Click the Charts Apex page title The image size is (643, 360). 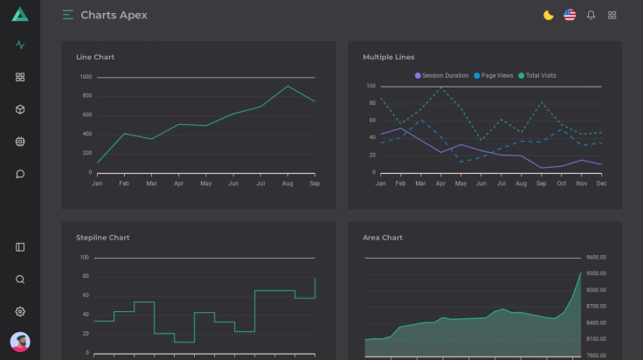tap(114, 15)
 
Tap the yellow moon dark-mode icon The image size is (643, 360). tap(549, 15)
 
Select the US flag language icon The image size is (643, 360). tap(570, 15)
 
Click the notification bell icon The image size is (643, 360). tap(591, 15)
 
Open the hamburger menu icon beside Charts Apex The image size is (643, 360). tap(68, 15)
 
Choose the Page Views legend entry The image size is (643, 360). tap(494, 75)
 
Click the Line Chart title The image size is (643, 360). tap(95, 57)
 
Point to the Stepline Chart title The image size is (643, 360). tap(102, 237)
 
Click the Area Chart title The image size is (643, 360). tap(383, 237)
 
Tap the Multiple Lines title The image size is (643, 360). tap(389, 57)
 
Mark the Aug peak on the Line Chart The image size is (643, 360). tap(287, 86)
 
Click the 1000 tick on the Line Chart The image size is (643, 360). tap(86, 77)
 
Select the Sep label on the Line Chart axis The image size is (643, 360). tap(315, 183)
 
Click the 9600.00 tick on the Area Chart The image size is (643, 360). tap(597, 258)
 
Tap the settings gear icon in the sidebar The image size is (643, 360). tap(20, 311)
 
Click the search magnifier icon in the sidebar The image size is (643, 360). tap(20, 280)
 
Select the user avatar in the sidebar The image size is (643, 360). tap(20, 342)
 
